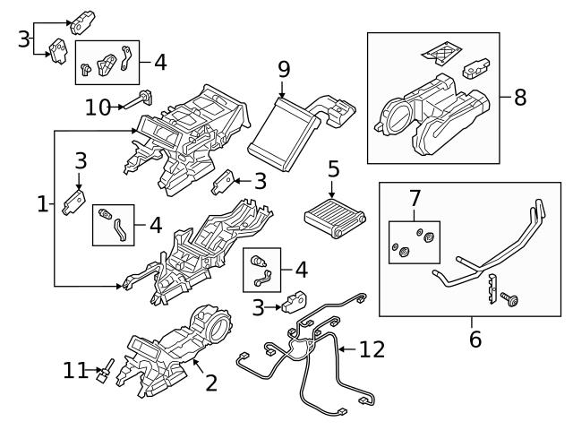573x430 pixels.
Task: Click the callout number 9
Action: [283, 68]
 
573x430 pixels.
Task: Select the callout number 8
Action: [520, 97]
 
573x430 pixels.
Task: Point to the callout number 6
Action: [475, 339]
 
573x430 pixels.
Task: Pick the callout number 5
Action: [333, 168]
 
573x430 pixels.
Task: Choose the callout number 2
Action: [211, 383]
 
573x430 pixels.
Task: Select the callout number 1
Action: [41, 205]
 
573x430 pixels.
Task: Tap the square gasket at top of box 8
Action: [440, 51]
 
